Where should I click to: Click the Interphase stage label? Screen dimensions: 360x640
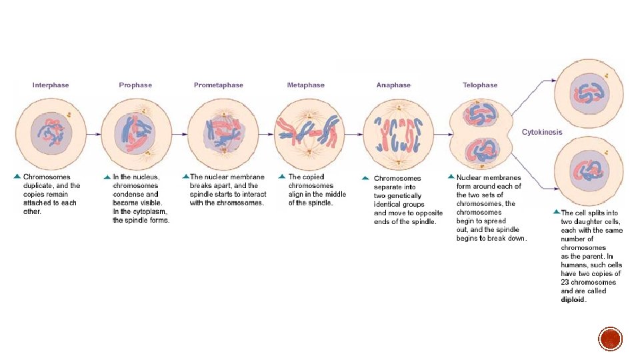(x=51, y=85)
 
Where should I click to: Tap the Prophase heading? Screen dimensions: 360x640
(x=135, y=85)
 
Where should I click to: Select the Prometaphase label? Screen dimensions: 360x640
(x=219, y=85)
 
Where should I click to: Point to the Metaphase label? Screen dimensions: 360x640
(x=306, y=85)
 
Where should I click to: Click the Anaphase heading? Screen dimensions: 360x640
(x=393, y=85)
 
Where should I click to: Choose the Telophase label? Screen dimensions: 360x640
(x=480, y=85)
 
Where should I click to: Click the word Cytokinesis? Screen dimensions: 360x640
(x=541, y=132)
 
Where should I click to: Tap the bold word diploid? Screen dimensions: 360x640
(x=573, y=300)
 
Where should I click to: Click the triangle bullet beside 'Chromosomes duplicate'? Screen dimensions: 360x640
(x=17, y=177)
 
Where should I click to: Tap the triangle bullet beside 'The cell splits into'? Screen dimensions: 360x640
(x=556, y=211)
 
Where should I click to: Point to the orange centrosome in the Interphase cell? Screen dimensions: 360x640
(x=67, y=115)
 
